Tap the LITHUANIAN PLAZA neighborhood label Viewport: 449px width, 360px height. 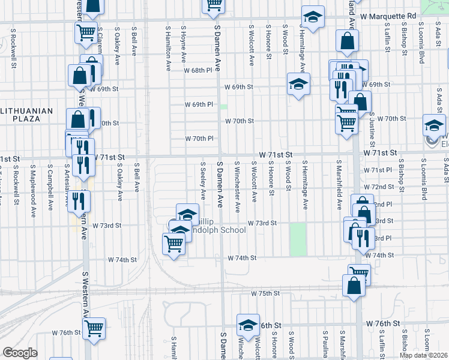pyautogui.click(x=27, y=115)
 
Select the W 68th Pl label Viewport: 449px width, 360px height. pyautogui.click(x=199, y=70)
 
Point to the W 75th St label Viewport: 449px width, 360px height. pyautogui.click(x=265, y=293)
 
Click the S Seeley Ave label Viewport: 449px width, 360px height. pyautogui.click(x=203, y=181)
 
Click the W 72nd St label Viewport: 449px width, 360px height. pyautogui.click(x=382, y=187)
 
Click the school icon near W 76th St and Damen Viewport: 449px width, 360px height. pyautogui.click(x=247, y=325)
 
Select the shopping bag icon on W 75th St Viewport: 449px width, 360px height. pyautogui.click(x=354, y=287)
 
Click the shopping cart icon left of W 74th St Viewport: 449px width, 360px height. pyautogui.click(x=173, y=244)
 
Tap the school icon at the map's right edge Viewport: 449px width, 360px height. pyautogui.click(x=434, y=126)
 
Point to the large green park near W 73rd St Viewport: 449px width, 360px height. pyautogui.click(x=298, y=239)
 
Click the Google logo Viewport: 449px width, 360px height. pyautogui.click(x=19, y=353)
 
